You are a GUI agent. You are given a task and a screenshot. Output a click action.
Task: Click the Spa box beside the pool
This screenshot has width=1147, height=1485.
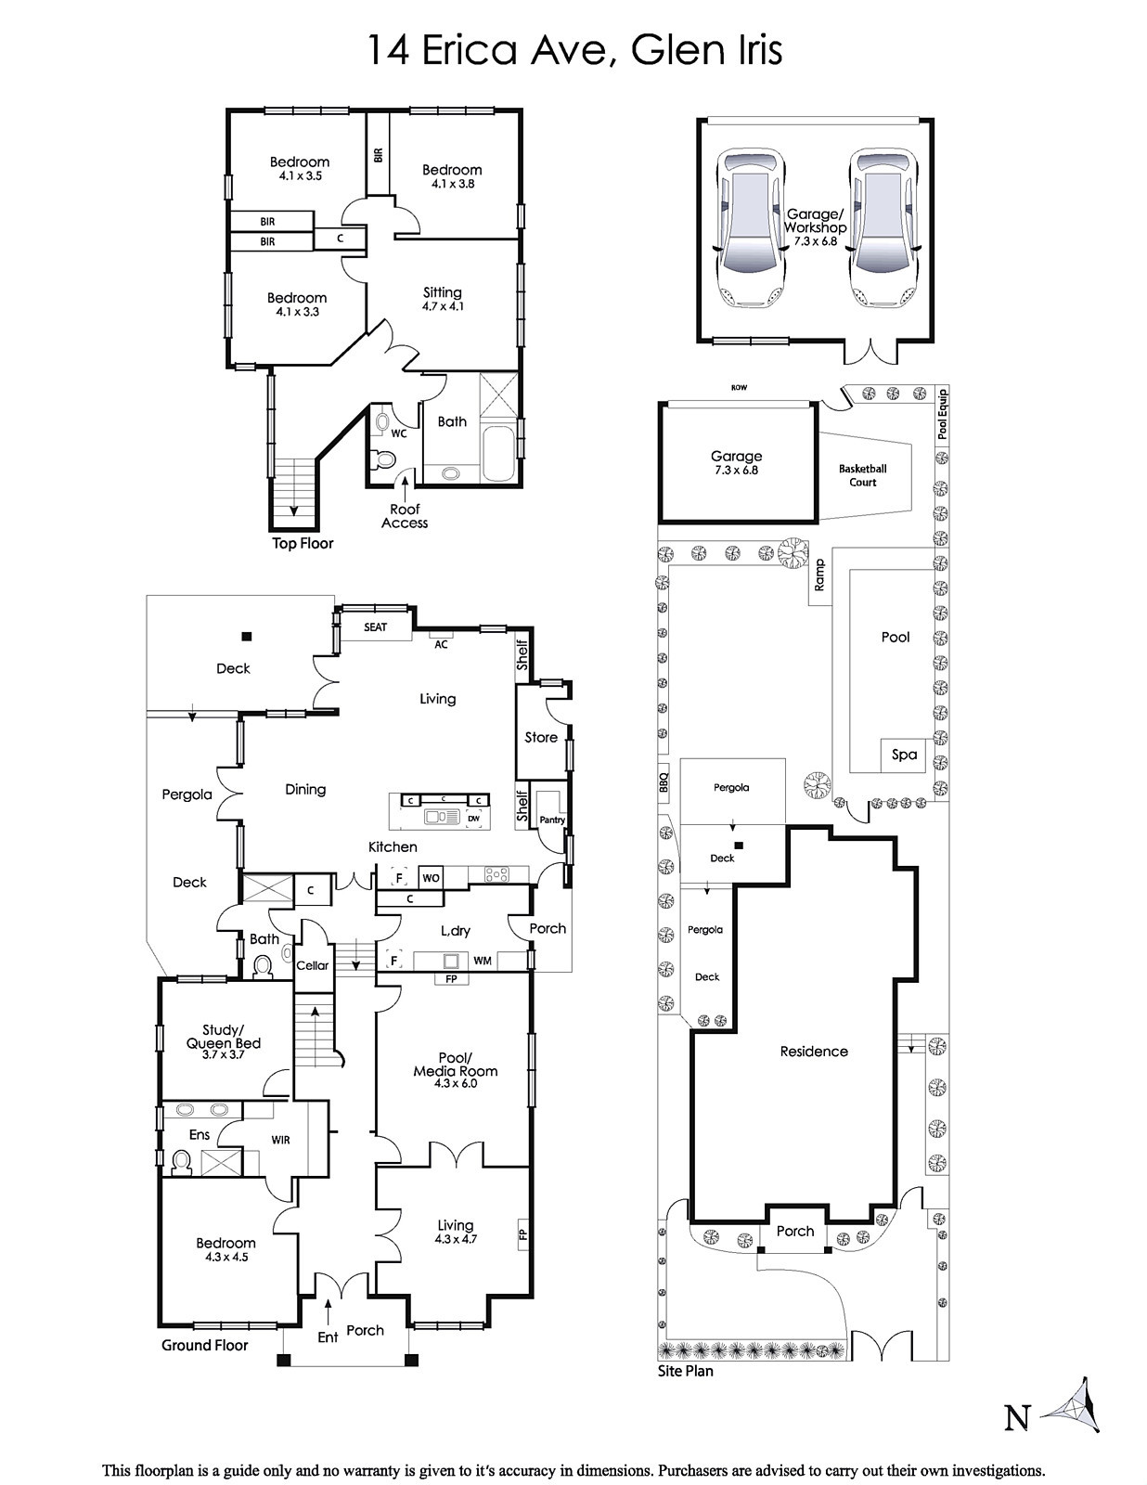click(903, 755)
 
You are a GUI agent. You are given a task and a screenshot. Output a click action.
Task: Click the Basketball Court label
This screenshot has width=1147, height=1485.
click(862, 475)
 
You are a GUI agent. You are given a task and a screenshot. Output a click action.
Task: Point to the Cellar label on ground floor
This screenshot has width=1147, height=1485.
click(312, 965)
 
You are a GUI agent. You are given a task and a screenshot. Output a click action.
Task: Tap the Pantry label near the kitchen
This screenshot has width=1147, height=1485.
click(552, 820)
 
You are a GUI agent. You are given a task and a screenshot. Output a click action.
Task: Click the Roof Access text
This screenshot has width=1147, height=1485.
click(405, 516)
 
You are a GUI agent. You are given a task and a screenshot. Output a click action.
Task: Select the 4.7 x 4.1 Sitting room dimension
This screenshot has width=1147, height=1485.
click(442, 307)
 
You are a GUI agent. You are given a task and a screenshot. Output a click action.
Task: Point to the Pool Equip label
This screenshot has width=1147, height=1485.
click(942, 414)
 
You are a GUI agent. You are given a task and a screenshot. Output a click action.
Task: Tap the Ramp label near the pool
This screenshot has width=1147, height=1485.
click(819, 575)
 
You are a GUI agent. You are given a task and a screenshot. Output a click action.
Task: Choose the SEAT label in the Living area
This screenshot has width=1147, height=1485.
click(375, 626)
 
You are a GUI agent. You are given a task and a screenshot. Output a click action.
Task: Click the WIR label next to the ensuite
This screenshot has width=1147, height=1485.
click(280, 1140)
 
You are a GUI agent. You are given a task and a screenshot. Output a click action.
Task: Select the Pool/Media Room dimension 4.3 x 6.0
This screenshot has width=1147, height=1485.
click(455, 1083)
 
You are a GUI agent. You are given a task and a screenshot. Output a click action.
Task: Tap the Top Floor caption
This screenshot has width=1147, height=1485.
click(303, 543)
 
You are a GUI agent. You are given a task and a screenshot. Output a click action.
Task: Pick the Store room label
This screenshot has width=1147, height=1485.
click(541, 737)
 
